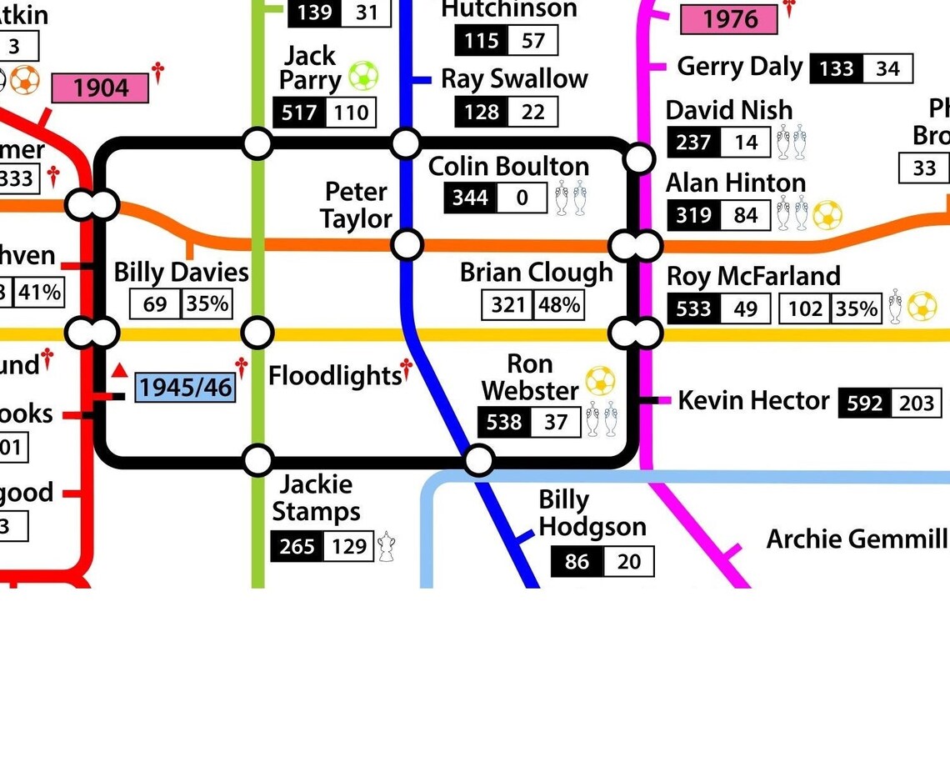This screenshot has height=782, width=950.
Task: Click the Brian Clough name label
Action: click(536, 273)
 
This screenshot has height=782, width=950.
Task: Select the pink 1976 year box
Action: click(729, 20)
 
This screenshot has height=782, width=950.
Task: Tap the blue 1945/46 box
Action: click(184, 388)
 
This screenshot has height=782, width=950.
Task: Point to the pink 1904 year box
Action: click(100, 88)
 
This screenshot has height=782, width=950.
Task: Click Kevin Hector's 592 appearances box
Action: click(864, 404)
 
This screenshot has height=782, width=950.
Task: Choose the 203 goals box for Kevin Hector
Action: click(917, 404)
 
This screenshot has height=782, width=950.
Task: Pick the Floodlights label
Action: click(335, 376)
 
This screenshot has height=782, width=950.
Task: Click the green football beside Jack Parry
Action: click(363, 76)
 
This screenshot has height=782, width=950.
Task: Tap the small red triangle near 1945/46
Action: click(120, 370)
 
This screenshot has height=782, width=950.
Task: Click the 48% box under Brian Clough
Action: click(559, 305)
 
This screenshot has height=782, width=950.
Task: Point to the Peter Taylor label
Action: click(357, 205)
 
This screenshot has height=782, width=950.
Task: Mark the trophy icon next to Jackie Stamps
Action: click(386, 546)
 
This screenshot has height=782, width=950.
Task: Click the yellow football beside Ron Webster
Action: click(600, 381)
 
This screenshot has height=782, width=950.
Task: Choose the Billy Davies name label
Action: click(181, 273)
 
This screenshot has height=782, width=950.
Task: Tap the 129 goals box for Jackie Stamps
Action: click(348, 547)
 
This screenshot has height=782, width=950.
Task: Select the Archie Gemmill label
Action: click(856, 539)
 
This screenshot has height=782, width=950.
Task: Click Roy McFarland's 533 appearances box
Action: click(694, 309)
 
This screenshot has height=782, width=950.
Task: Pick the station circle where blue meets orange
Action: click(407, 245)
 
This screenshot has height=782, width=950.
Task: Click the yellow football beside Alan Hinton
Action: click(827, 215)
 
